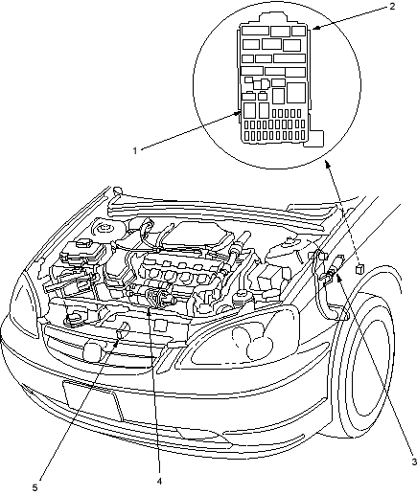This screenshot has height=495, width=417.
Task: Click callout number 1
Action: (135, 150)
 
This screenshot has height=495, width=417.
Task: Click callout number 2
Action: (392, 6)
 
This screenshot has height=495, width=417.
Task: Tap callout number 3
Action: (414, 461)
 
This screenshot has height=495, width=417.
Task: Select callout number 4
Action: (159, 481)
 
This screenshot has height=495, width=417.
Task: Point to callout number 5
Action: (35, 487)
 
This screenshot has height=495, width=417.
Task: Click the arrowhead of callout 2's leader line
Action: (315, 28)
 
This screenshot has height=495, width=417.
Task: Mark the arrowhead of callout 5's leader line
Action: (117, 343)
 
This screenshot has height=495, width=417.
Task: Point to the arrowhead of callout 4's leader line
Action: (149, 311)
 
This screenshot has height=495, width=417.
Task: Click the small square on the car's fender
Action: (359, 269)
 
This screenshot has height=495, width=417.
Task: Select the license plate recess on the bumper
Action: (92, 401)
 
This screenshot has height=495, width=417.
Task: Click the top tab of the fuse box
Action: (272, 17)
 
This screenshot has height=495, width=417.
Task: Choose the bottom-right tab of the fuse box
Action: (313, 139)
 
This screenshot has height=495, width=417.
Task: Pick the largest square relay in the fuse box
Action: (296, 93)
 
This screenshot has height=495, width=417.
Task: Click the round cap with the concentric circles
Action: (104, 228)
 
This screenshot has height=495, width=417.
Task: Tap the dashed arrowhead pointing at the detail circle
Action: (328, 164)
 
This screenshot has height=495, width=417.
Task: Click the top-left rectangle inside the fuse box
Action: (255, 31)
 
